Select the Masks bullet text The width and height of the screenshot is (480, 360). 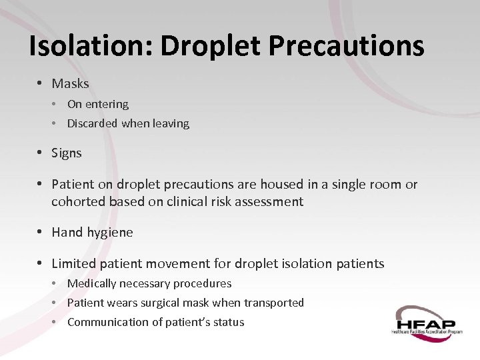pos(70,83)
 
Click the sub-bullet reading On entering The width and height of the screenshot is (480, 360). pos(98,104)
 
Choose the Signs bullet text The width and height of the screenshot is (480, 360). pos(67,153)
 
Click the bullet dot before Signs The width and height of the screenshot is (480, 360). pos(40,153)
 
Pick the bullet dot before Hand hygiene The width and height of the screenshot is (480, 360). pos(40,232)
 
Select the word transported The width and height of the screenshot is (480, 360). pos(273,303)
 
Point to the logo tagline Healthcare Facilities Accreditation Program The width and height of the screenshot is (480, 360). pos(427,331)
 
